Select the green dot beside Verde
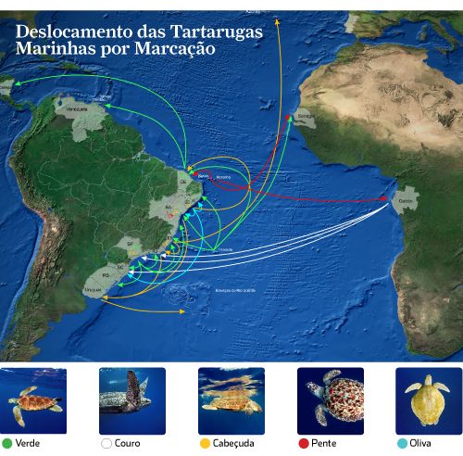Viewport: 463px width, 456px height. pos(7,443)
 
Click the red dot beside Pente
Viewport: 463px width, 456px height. pos(303,443)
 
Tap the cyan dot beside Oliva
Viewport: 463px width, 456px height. pos(402,443)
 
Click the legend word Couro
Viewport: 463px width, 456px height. pos(128,443)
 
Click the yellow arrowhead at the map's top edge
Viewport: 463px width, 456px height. pos(277,18)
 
